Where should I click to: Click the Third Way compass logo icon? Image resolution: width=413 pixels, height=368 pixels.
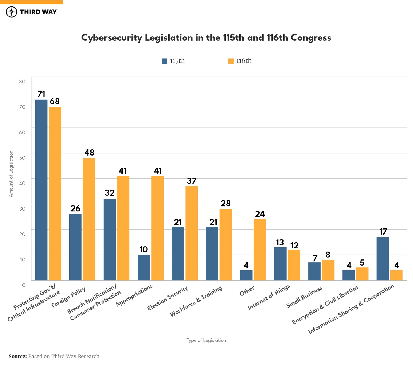tap(12, 12)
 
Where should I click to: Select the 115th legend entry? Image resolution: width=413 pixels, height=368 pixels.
tap(173, 61)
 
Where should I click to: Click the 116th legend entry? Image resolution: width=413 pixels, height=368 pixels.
tap(240, 61)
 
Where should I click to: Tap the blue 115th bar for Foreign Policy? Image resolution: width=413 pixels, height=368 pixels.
tap(75, 247)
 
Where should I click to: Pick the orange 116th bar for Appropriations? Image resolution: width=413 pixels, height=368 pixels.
tap(157, 228)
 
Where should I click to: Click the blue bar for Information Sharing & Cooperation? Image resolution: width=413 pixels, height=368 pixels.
tap(383, 259)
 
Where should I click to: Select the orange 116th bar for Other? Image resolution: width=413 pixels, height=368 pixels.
tap(260, 250)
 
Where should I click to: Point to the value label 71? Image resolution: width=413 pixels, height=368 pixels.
tap(41, 94)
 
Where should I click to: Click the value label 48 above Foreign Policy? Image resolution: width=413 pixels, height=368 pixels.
tap(90, 152)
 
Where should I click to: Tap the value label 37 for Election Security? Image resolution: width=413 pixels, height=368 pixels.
tap(192, 181)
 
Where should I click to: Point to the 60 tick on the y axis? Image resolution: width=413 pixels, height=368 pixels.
tap(22, 132)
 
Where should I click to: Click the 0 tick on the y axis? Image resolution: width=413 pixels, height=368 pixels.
tap(24, 285)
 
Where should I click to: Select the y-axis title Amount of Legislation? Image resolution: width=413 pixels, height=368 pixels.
tap(11, 174)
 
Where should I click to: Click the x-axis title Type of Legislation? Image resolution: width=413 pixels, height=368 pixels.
tap(206, 340)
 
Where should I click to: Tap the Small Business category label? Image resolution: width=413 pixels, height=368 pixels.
tap(304, 297)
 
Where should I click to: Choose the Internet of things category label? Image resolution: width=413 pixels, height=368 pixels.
tap(269, 297)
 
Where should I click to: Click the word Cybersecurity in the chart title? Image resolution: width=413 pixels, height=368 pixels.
tap(112, 38)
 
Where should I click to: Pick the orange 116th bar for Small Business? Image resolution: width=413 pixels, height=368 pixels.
tap(328, 270)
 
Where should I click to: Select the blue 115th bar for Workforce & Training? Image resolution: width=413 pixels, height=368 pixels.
tap(212, 254)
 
